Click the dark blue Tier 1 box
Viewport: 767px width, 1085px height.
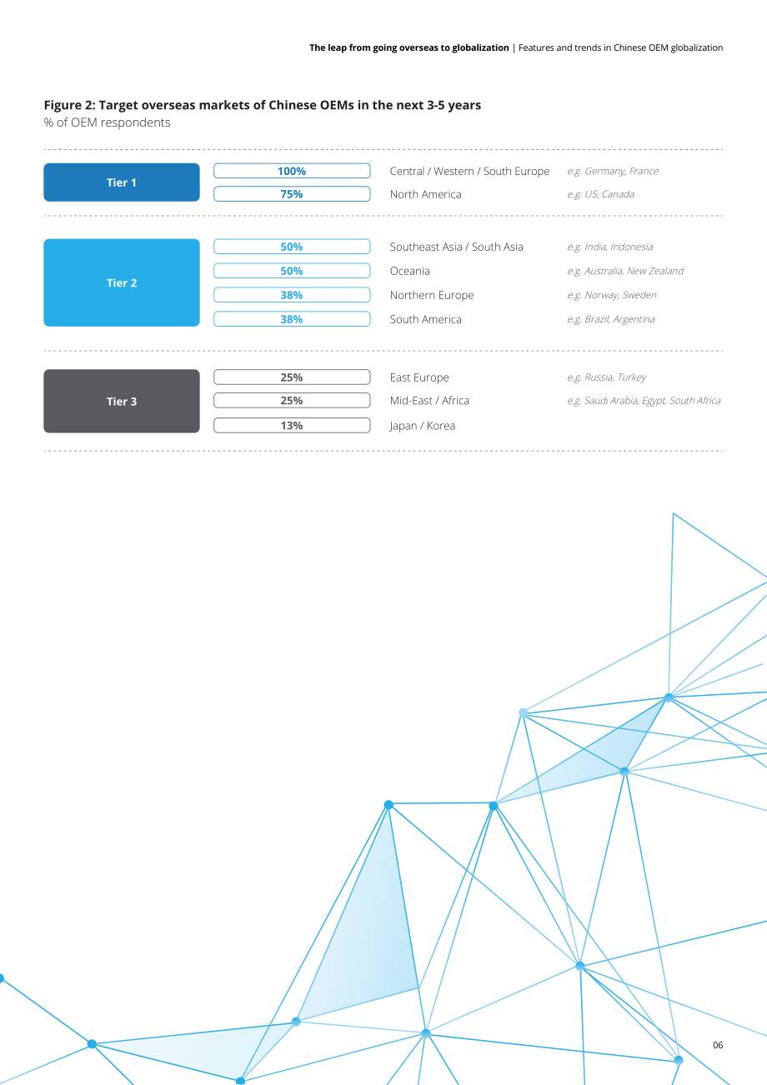pyautogui.click(x=122, y=182)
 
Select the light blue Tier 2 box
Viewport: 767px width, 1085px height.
pyautogui.click(x=122, y=282)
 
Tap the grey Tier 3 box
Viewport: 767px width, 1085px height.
pyautogui.click(x=122, y=401)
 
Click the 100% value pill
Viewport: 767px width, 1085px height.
pyautogui.click(x=292, y=171)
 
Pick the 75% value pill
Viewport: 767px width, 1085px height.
pyautogui.click(x=292, y=193)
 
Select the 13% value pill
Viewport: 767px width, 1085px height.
pyautogui.click(x=292, y=425)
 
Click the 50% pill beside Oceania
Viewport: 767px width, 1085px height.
pyautogui.click(x=292, y=271)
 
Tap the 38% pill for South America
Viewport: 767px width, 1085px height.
pyautogui.click(x=292, y=319)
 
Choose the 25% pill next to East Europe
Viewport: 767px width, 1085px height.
pyautogui.click(x=292, y=377)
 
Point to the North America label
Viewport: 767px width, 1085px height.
pyautogui.click(x=425, y=194)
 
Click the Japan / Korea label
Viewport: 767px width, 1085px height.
pyautogui.click(x=422, y=426)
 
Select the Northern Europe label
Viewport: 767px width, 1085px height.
pyautogui.click(x=432, y=295)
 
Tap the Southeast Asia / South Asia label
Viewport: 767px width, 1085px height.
pyautogui.click(x=456, y=247)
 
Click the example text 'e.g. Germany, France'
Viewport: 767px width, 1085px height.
pyautogui.click(x=613, y=171)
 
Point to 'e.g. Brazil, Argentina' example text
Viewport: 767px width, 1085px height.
pyautogui.click(x=611, y=319)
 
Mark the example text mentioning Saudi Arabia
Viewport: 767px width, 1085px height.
pyautogui.click(x=644, y=401)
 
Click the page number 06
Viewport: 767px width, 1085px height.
pyautogui.click(x=718, y=1045)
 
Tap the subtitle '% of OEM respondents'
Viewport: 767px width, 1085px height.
pyautogui.click(x=107, y=122)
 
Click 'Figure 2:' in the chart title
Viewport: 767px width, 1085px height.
pyautogui.click(x=69, y=105)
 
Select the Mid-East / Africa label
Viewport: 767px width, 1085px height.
pyautogui.click(x=429, y=401)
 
